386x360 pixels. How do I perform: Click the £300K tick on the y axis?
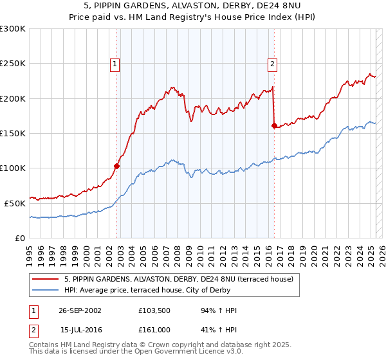tap(12, 29)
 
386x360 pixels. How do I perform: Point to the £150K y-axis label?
tap(12, 133)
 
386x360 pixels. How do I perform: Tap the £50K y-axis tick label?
tap(15, 203)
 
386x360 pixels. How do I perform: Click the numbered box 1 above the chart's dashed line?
tap(115, 64)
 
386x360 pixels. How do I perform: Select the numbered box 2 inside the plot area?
tap(273, 64)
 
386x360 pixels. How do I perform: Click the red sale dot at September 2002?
tap(117, 166)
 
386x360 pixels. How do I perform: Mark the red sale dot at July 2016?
tap(274, 126)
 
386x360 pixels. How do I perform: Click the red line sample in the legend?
tap(46, 279)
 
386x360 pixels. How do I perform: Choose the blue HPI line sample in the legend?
tap(46, 290)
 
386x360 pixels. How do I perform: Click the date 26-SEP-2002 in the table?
tap(80, 310)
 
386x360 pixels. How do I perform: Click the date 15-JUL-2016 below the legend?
tap(80, 329)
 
